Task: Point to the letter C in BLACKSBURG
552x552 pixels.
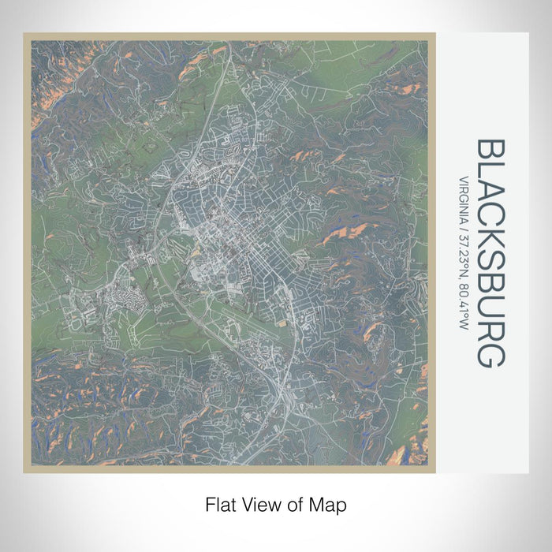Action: (489, 218)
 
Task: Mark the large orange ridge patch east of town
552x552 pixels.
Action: (347, 232)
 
